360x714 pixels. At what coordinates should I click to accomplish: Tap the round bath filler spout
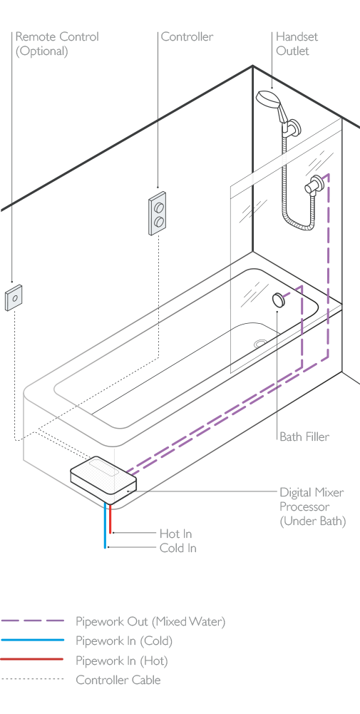click(x=278, y=300)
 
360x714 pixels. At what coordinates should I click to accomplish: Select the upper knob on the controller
click(x=159, y=208)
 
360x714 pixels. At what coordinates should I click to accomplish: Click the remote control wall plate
click(x=14, y=298)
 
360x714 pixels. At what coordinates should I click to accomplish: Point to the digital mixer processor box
click(x=103, y=479)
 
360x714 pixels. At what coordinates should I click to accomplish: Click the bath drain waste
click(x=260, y=344)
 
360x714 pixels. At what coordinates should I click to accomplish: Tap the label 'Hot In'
click(x=175, y=534)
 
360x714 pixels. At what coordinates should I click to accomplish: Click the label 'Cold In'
click(x=178, y=548)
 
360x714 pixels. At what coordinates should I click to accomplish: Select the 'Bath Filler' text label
click(x=304, y=437)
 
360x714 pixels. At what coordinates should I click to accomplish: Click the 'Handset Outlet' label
click(x=297, y=44)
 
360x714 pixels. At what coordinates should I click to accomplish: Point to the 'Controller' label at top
click(x=187, y=36)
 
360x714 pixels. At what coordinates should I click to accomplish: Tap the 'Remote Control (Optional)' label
click(x=57, y=44)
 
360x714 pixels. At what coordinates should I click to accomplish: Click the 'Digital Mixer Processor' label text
click(x=312, y=499)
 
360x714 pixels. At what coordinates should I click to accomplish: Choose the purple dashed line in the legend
click(x=32, y=621)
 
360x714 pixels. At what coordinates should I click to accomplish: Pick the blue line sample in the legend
click(x=32, y=641)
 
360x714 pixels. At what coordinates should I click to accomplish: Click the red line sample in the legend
click(x=32, y=659)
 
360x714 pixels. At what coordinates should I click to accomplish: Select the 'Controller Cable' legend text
click(x=118, y=680)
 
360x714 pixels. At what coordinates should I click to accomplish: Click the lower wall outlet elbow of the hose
click(x=314, y=187)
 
